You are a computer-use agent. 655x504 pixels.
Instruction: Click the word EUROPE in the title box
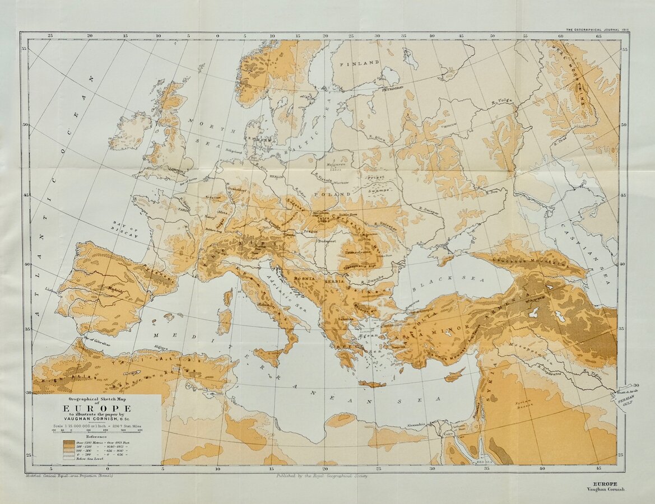pos(97,408)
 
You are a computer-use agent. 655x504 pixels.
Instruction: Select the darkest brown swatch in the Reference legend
pos(69,442)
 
